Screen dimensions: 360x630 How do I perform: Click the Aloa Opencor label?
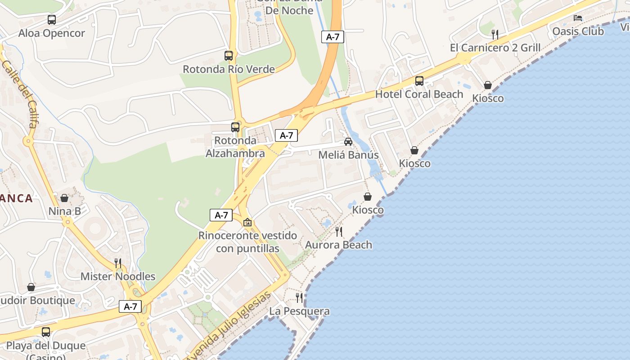tap(51, 33)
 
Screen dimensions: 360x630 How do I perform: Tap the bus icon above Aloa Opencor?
tap(52, 20)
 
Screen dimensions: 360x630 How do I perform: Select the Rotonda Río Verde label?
tap(229, 69)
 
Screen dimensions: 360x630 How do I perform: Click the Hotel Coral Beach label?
tap(419, 94)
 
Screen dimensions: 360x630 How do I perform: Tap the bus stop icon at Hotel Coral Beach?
tap(419, 81)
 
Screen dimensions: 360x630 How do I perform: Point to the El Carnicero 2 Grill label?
tap(495, 48)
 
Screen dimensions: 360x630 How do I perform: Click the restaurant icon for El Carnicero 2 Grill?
tap(495, 34)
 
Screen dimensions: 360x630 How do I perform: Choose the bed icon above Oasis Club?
tap(578, 18)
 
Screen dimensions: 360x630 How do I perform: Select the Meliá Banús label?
tap(348, 155)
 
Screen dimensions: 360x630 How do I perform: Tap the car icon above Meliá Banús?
tap(348, 142)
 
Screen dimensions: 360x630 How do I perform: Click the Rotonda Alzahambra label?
tap(235, 147)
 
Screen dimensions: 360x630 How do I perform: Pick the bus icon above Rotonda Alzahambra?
tap(235, 127)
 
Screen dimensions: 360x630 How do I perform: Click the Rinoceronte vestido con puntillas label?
tap(247, 242)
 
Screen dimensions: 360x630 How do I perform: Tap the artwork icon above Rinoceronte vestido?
tap(247, 222)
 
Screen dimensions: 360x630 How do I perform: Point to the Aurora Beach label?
tap(338, 245)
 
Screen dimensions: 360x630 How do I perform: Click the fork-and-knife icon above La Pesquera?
tap(299, 297)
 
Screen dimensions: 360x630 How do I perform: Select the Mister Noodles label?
tap(118, 277)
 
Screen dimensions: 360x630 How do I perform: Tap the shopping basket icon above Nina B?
tap(64, 198)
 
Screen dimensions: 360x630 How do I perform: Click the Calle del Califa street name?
tap(21, 94)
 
